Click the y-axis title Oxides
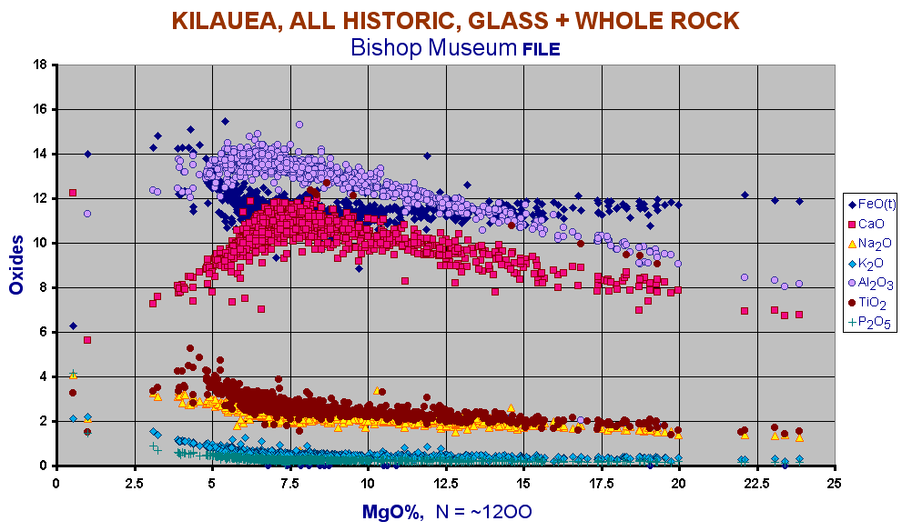(x=16, y=265)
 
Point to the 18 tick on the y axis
(x=40, y=65)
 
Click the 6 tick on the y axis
(x=44, y=332)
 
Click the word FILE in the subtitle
(x=541, y=49)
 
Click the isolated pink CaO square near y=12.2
(x=73, y=193)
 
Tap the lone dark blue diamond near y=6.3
(x=73, y=326)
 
